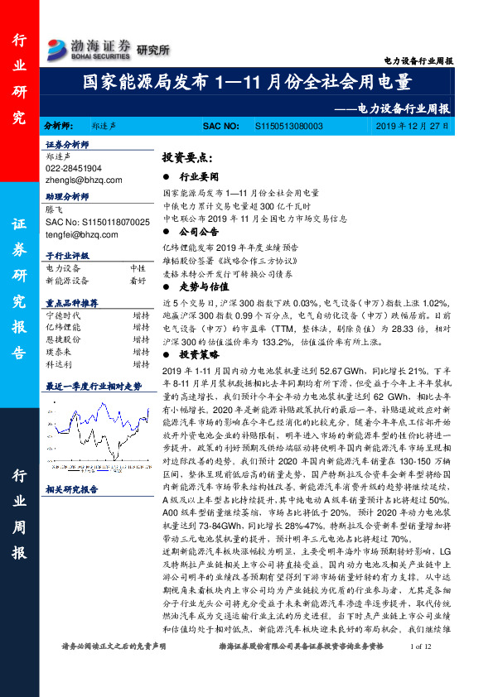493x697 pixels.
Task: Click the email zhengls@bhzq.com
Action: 84,180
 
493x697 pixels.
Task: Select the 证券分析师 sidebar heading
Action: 67,144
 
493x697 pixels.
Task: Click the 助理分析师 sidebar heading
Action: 67,199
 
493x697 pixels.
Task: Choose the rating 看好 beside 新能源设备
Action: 138,281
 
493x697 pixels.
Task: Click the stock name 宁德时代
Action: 63,315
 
